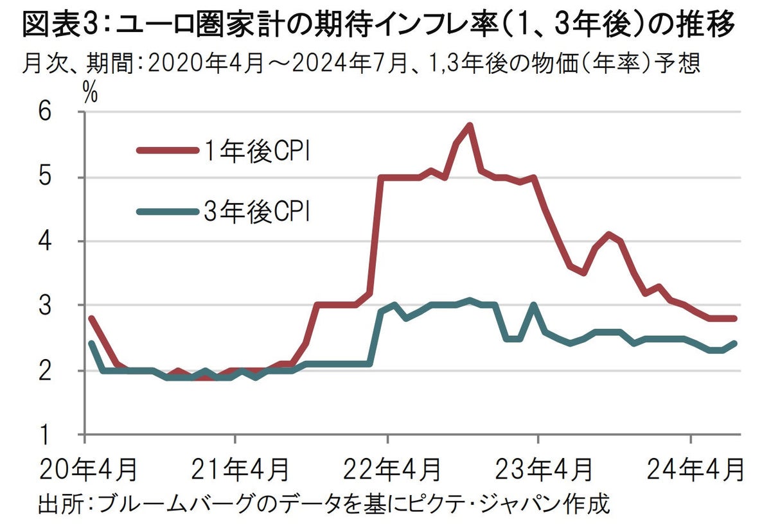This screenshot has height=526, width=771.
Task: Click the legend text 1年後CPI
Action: [x=258, y=151]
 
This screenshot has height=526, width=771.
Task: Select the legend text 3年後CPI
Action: [x=258, y=211]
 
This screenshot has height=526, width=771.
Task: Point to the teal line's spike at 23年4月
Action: [x=533, y=306]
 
